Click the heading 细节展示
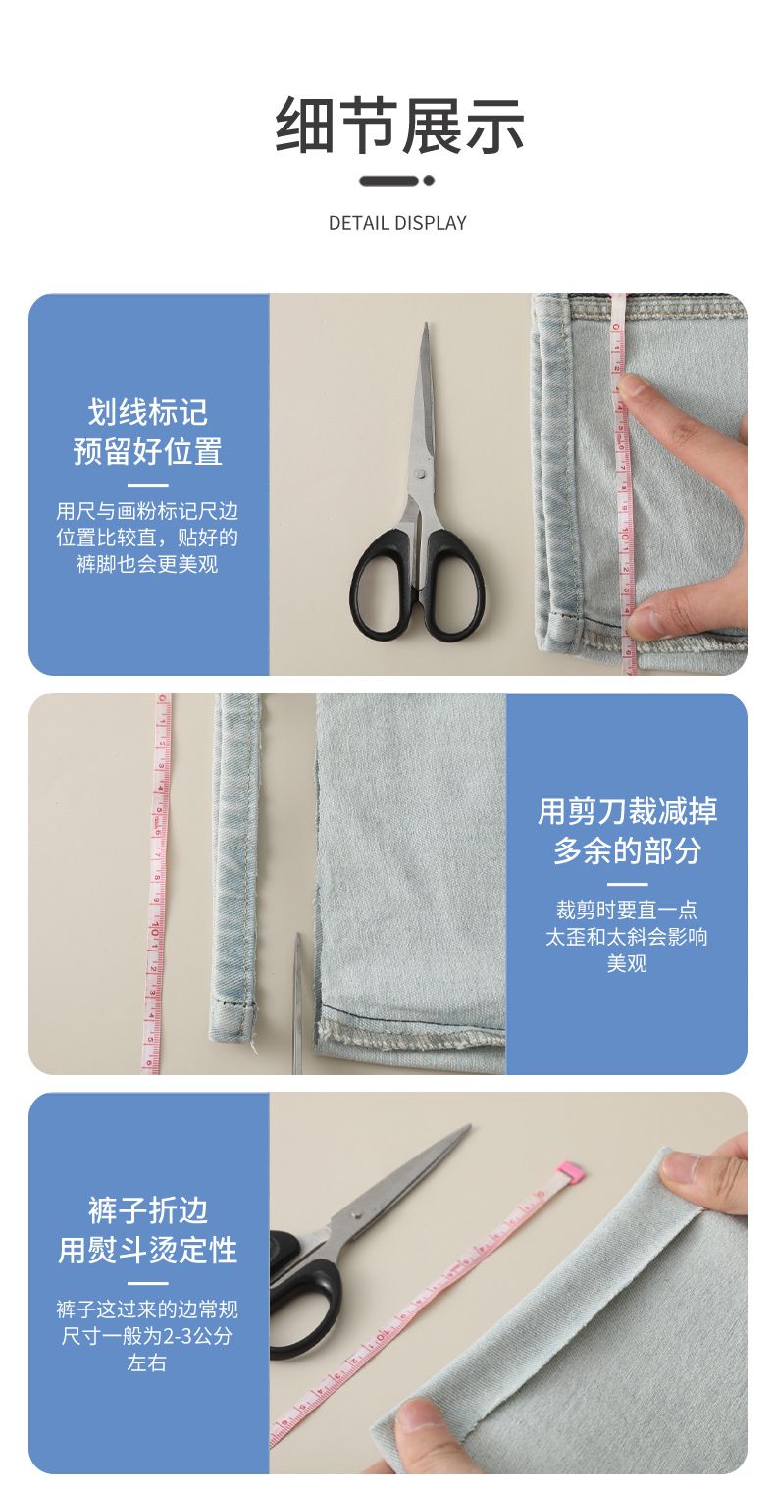399,125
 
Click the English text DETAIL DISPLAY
397,223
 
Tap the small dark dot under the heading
429,180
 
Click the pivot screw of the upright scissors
419,473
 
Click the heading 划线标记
148,412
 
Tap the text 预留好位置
148,451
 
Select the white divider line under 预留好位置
148,485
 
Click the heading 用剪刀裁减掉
627,811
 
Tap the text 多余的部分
627,850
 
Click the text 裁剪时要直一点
627,909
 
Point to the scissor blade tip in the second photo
298,934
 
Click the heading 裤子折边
148,1210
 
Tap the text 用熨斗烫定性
148,1250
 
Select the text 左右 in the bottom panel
147,1362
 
